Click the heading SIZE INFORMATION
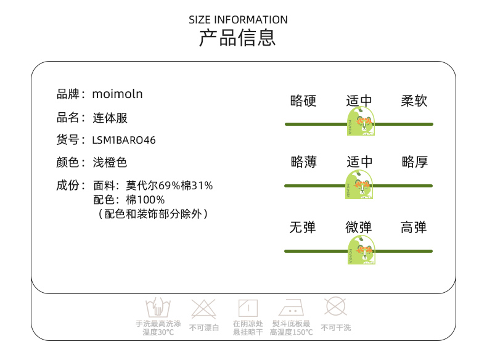coord(238,20)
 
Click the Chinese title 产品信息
coord(237,38)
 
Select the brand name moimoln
coord(117,94)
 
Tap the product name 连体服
coord(110,118)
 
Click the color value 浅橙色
coord(110,163)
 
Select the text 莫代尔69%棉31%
coord(170,185)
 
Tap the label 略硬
coord(303,100)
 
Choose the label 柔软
coord(414,100)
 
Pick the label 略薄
coord(303,162)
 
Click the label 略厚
coord(414,162)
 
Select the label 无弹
coord(303,227)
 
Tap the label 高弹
coord(414,227)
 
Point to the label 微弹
coord(359,227)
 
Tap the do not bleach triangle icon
coord(204,308)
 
